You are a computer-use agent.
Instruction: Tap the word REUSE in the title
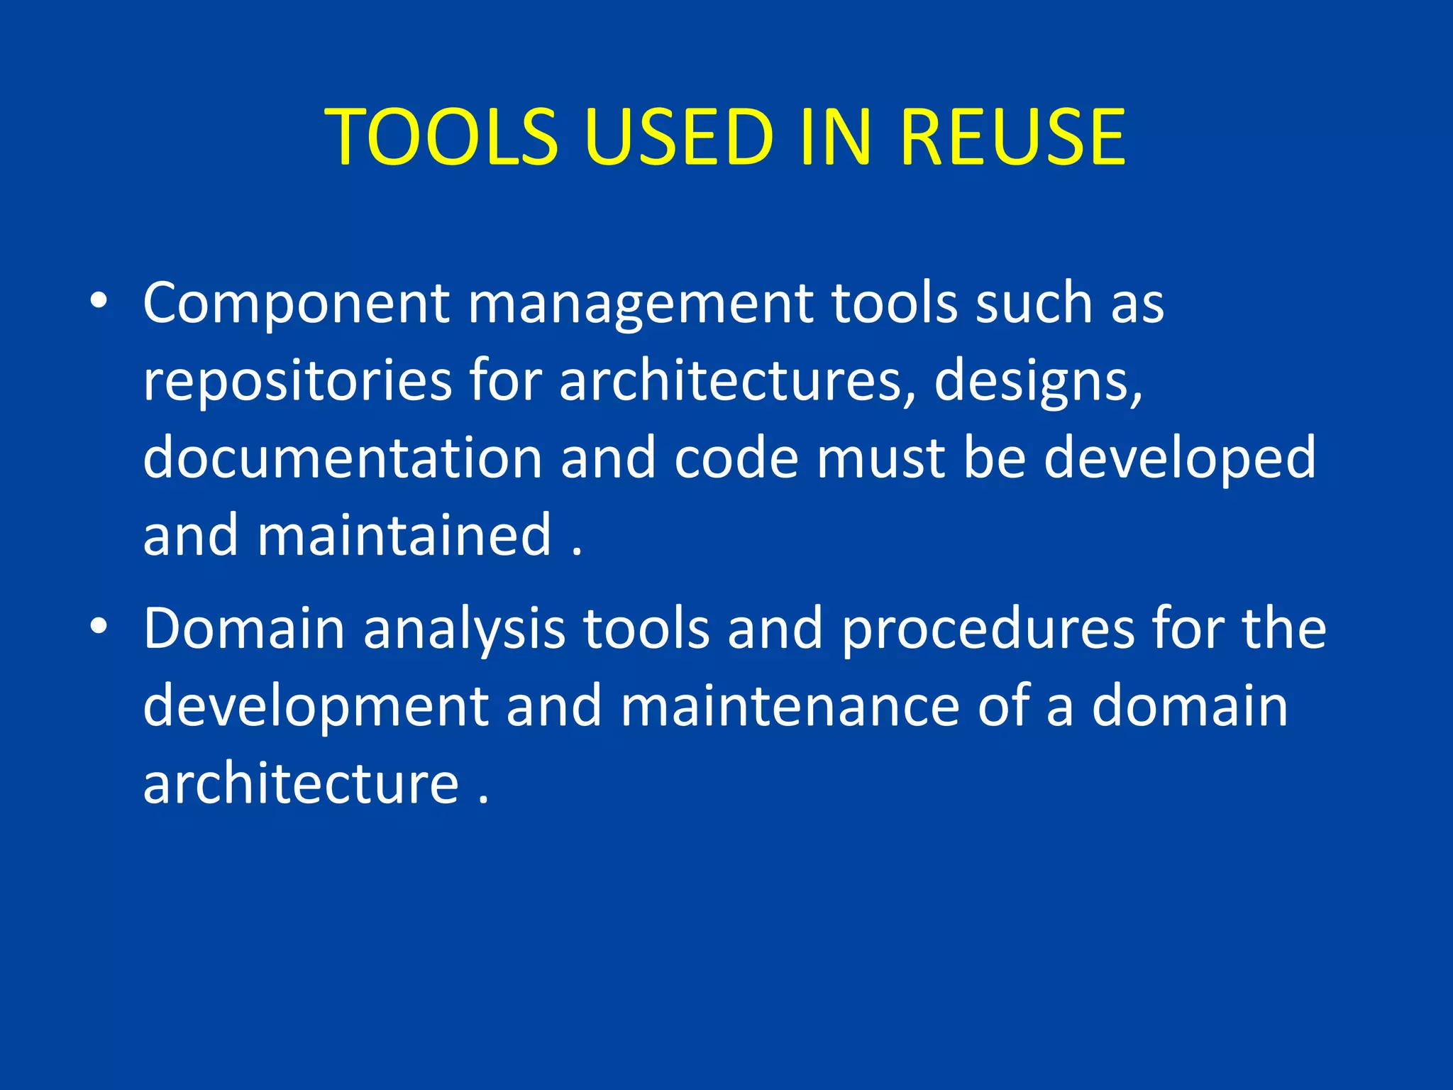pos(1012,136)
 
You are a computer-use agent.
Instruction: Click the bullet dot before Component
pos(99,302)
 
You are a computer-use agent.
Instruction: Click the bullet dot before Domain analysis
pos(99,627)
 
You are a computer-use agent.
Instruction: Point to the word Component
pos(296,304)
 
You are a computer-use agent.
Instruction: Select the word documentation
pos(343,458)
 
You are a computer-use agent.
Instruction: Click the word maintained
pos(404,535)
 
